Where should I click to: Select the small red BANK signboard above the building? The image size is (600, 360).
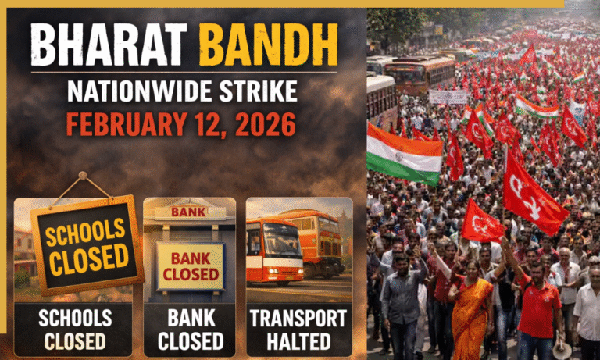pos(190,212)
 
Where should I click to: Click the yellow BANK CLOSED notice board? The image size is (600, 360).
pos(190,267)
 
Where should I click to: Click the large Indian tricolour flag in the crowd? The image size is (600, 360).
pos(405,154)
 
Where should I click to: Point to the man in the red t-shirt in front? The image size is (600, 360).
pos(539,305)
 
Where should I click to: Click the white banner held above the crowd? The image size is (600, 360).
pos(448,97)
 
